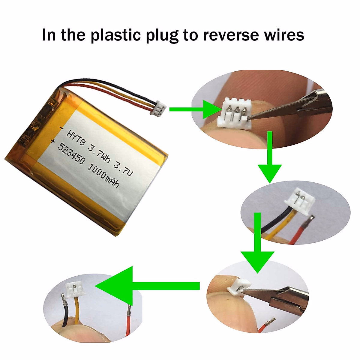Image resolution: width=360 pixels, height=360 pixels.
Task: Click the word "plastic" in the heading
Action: tap(115, 35)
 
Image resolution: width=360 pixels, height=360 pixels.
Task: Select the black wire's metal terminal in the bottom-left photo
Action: tap(64, 299)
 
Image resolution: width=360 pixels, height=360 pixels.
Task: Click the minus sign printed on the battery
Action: tap(61, 128)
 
